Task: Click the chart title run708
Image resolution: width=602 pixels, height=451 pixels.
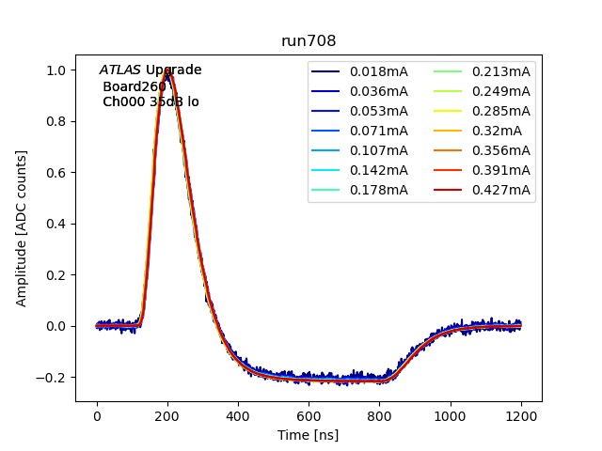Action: pyautogui.click(x=309, y=41)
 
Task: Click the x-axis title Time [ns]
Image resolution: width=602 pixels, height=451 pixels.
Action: pyautogui.click(x=309, y=435)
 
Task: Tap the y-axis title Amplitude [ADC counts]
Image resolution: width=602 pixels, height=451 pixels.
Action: pyautogui.click(x=22, y=228)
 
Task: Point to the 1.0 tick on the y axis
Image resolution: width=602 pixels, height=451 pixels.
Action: pyautogui.click(x=57, y=70)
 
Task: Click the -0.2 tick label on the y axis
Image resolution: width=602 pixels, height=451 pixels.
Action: pyautogui.click(x=54, y=378)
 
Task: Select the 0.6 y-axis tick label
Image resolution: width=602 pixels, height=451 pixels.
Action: pyautogui.click(x=57, y=173)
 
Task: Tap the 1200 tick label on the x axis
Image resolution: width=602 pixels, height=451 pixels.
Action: pyautogui.click(x=521, y=416)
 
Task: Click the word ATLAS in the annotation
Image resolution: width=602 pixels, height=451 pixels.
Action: pyautogui.click(x=120, y=70)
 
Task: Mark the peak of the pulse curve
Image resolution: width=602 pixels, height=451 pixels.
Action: pyautogui.click(x=167, y=70)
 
